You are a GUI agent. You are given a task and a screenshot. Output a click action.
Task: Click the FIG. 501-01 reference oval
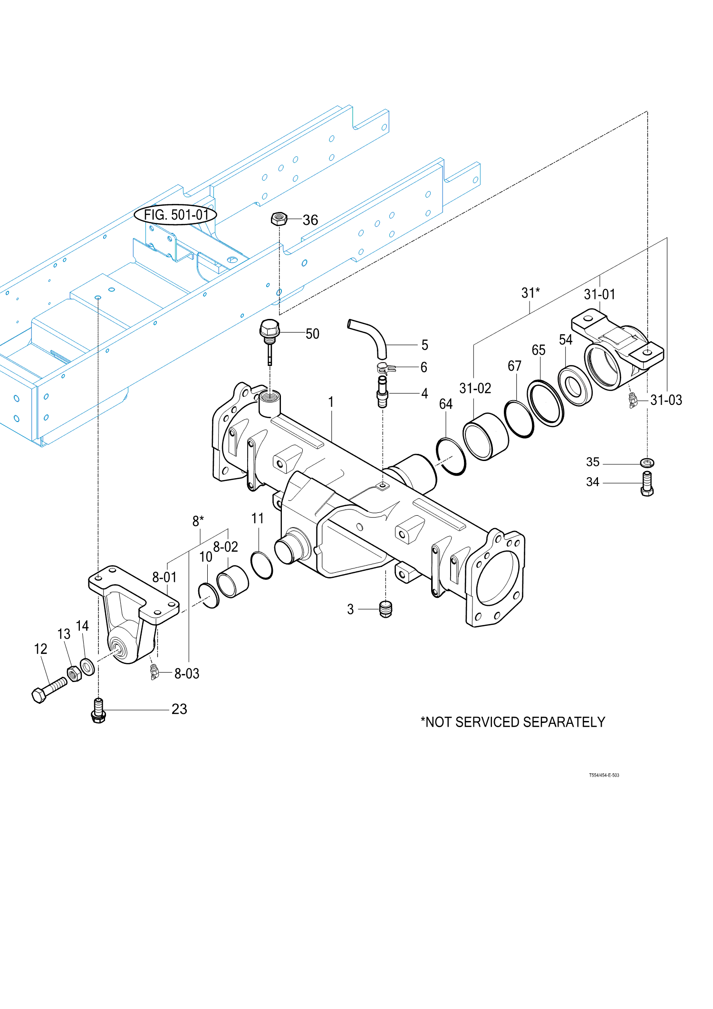pos(175,215)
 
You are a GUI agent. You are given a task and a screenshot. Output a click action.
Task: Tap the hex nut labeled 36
pos(279,219)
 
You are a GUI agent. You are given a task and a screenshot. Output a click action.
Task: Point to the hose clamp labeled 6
pos(385,367)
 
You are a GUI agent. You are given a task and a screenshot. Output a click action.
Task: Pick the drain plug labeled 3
pos(385,609)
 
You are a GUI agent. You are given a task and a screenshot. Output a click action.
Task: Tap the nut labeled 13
pos(74,673)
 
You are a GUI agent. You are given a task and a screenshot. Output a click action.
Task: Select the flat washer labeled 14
pos(87,666)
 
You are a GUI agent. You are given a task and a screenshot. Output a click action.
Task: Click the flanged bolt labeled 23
pos(98,711)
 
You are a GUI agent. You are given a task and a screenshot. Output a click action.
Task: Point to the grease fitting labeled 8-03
pos(154,671)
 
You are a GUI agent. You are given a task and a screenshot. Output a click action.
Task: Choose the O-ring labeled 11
pos(261,565)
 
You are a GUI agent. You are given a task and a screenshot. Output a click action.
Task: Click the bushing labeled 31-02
pos(485,436)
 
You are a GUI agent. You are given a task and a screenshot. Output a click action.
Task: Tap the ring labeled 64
pos(451,456)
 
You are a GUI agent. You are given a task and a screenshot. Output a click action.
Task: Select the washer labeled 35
pos(647,462)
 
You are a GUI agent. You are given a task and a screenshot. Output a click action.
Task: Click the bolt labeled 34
pos(647,484)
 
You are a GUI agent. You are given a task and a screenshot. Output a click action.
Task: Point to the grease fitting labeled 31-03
pos(633,400)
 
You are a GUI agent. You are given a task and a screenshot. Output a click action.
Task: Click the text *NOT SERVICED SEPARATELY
pos(512,722)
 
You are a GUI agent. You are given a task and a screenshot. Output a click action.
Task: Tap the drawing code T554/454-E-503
pos(604,775)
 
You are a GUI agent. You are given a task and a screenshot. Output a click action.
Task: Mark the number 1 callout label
pos(331,402)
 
